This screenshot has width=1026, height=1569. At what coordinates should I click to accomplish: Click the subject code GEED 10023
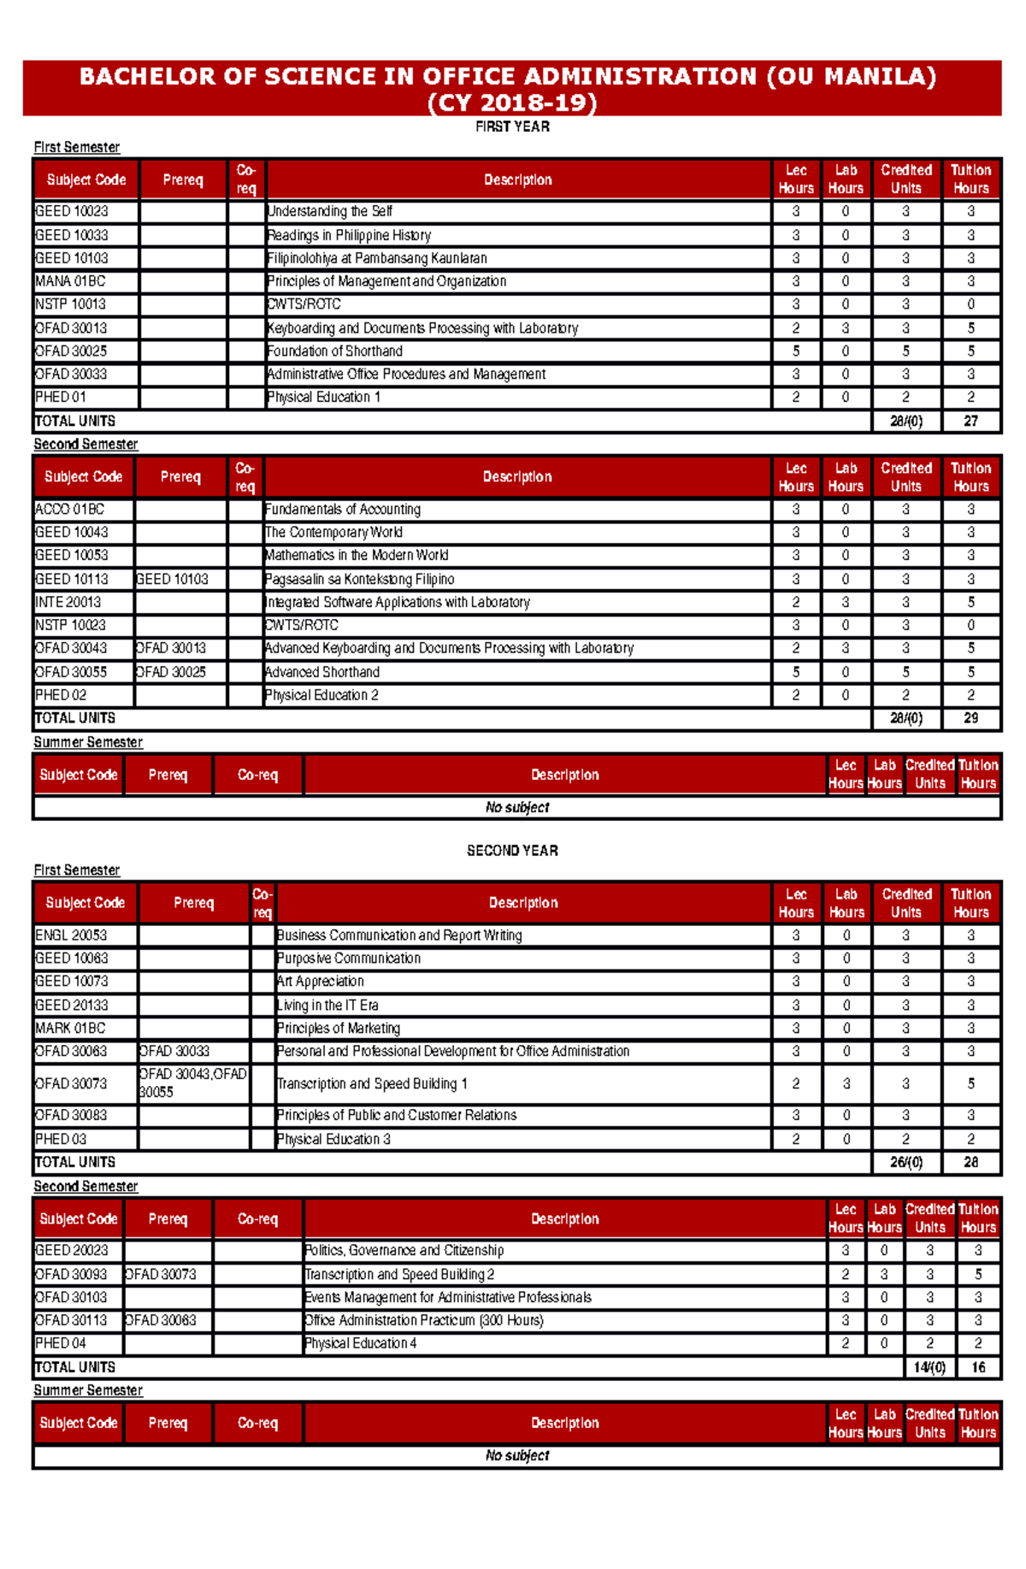[72, 211]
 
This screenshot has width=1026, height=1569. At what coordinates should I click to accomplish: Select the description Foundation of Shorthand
[334, 351]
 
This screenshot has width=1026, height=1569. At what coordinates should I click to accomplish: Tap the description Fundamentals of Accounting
[343, 509]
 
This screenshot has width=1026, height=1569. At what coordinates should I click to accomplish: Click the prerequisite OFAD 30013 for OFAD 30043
[171, 648]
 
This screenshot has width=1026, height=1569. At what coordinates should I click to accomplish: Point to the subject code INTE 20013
[68, 602]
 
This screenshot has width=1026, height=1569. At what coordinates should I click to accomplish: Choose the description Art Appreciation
[321, 982]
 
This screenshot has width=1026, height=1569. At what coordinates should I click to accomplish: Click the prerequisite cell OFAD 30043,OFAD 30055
[192, 1082]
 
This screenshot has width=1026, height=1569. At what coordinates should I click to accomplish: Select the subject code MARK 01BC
[70, 1028]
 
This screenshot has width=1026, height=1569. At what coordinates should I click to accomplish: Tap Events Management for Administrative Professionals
[448, 1297]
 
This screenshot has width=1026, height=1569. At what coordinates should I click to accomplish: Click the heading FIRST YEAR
[512, 127]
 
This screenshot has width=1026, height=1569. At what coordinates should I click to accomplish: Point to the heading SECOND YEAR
[512, 851]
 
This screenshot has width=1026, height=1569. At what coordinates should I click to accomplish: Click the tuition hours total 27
[970, 421]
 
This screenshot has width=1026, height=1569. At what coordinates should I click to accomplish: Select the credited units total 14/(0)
[929, 1367]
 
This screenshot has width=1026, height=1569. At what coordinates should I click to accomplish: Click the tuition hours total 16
[978, 1367]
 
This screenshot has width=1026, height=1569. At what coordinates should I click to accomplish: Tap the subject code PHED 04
[61, 1343]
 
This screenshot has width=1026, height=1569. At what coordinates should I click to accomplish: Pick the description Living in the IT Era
[327, 1005]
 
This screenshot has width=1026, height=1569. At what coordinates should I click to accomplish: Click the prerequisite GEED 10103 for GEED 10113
[172, 579]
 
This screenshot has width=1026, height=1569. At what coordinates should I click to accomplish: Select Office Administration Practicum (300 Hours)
[424, 1320]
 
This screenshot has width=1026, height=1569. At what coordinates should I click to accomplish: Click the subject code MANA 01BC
[70, 281]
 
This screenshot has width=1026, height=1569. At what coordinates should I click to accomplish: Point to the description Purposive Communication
[349, 959]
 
